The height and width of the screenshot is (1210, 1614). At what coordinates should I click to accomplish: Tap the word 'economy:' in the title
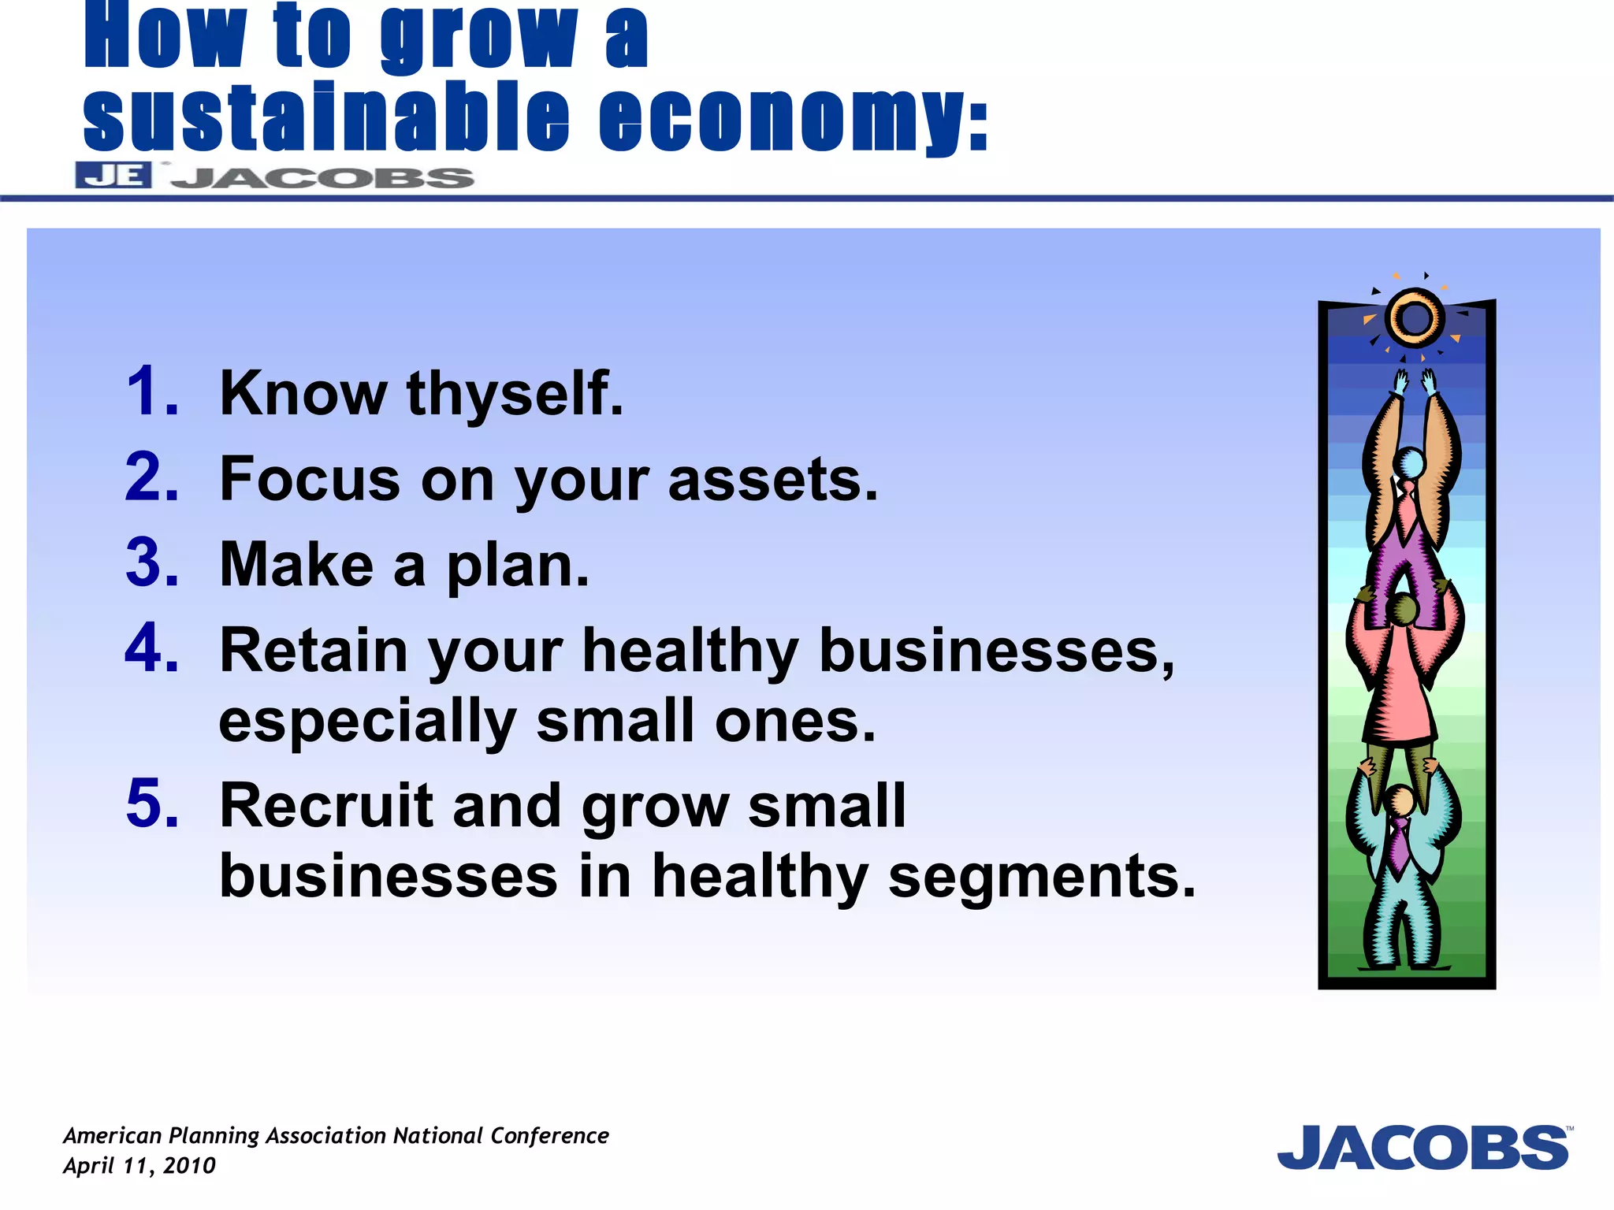pyautogui.click(x=793, y=118)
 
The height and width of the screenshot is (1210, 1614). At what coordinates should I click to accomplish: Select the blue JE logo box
pyautogui.click(x=113, y=175)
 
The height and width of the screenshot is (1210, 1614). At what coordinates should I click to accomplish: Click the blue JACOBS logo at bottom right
pyautogui.click(x=1423, y=1148)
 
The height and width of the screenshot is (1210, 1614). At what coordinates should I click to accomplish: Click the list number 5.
pyautogui.click(x=151, y=804)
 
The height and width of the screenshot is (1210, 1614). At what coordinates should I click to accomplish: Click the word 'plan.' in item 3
pyautogui.click(x=518, y=567)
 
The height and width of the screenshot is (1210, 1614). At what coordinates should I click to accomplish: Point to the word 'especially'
pyautogui.click(x=367, y=722)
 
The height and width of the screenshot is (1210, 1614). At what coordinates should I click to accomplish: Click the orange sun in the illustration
pyautogui.click(x=1415, y=318)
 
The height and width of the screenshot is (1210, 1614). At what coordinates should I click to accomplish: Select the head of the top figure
pyautogui.click(x=1409, y=462)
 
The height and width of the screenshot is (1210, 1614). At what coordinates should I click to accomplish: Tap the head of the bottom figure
pyautogui.click(x=1400, y=801)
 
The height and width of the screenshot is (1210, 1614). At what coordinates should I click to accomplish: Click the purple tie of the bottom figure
pyautogui.click(x=1399, y=844)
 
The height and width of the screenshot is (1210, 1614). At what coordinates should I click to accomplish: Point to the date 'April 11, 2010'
pyautogui.click(x=139, y=1166)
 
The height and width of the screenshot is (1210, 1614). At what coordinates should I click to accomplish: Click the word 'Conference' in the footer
pyautogui.click(x=549, y=1136)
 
